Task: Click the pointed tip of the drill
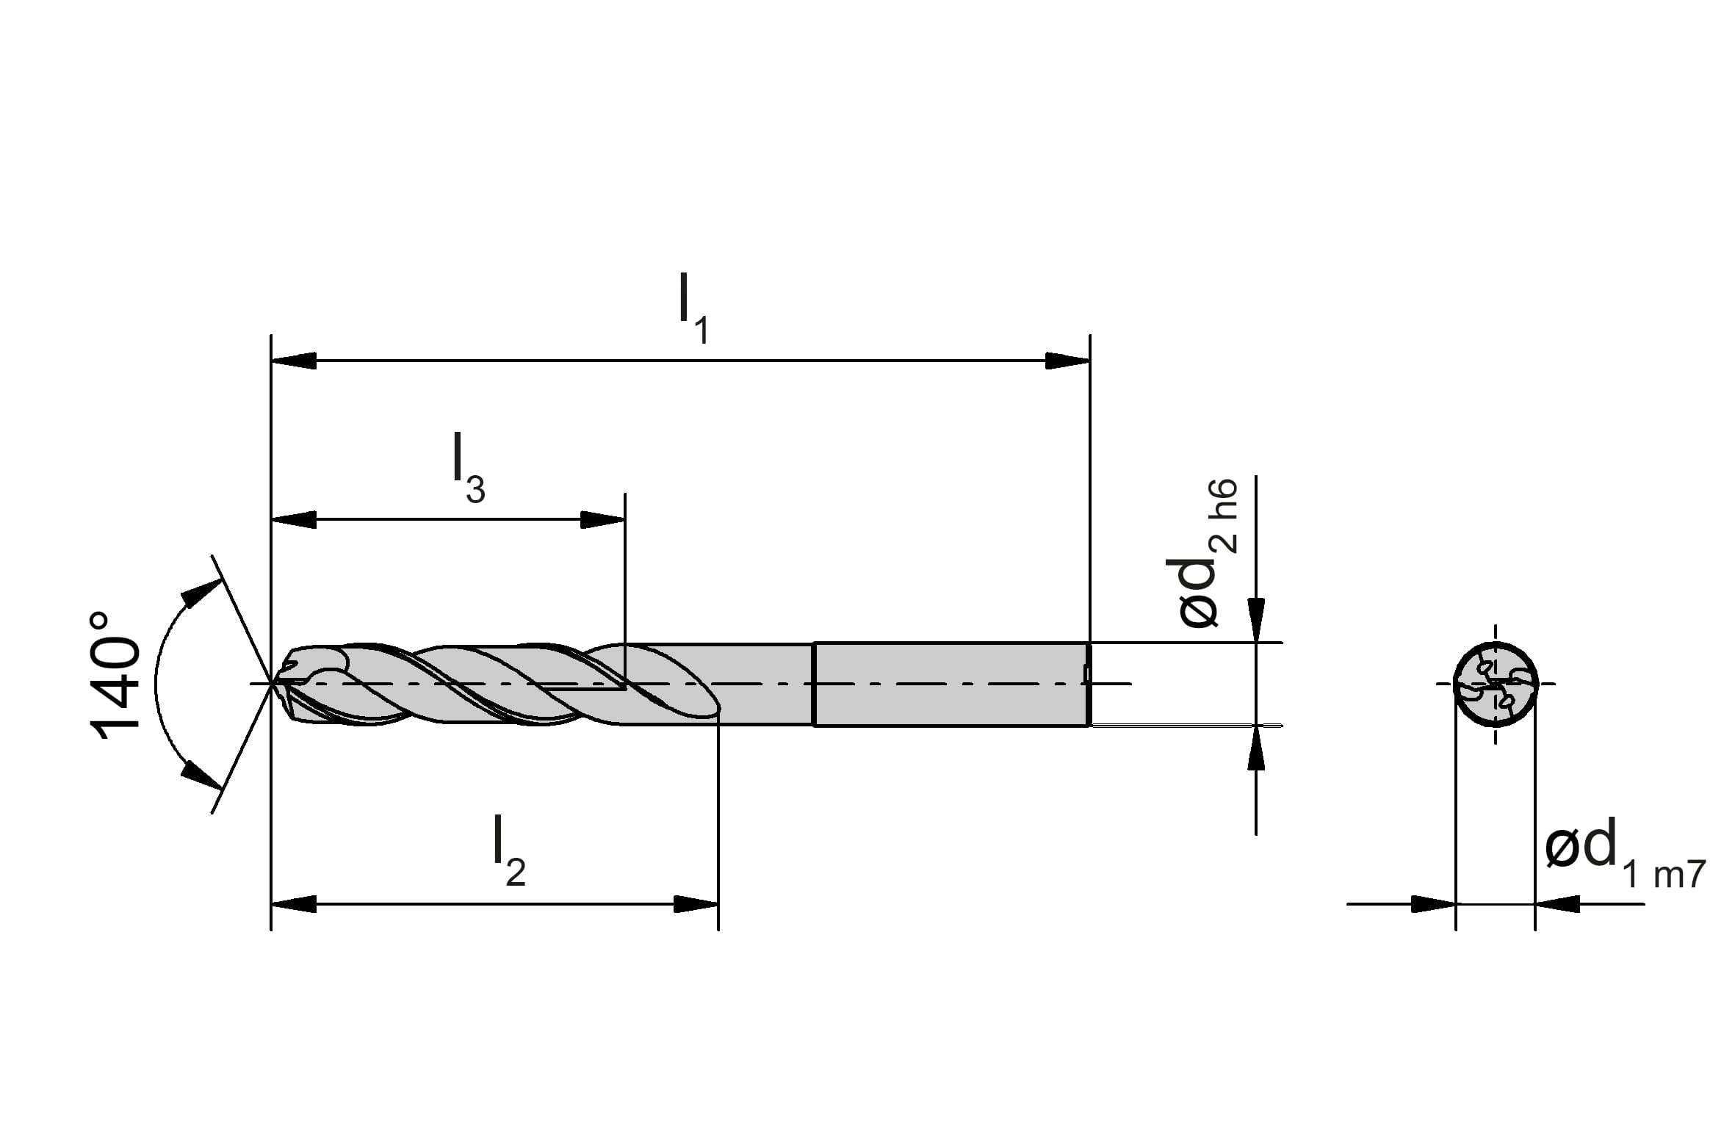pos(273,684)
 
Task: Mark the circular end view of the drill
pos(1496,684)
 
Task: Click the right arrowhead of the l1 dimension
pos(1067,361)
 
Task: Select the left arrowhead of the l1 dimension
pos(294,361)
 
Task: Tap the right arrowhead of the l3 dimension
pos(602,520)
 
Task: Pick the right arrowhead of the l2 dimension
pos(696,905)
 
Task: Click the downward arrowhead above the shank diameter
pos(1256,621)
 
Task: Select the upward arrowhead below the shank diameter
pos(1256,748)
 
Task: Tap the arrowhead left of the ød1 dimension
pos(1433,905)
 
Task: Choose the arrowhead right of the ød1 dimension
pos(1557,905)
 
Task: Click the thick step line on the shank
pos(814,684)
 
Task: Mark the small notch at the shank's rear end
pos(1086,674)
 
